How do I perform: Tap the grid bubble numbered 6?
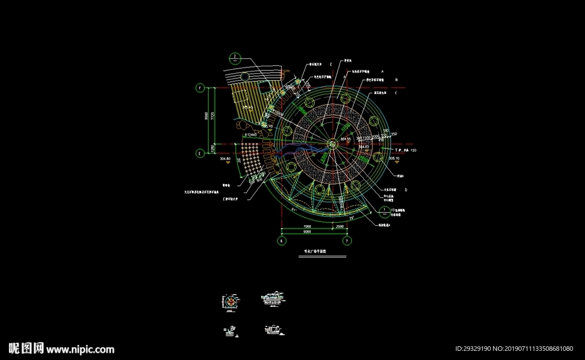(x=281, y=242)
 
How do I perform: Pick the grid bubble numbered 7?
(x=346, y=242)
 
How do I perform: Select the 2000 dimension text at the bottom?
(x=340, y=227)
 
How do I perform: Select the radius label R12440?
(x=250, y=134)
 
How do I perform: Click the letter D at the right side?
(x=406, y=189)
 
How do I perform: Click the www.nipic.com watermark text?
(x=80, y=349)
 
